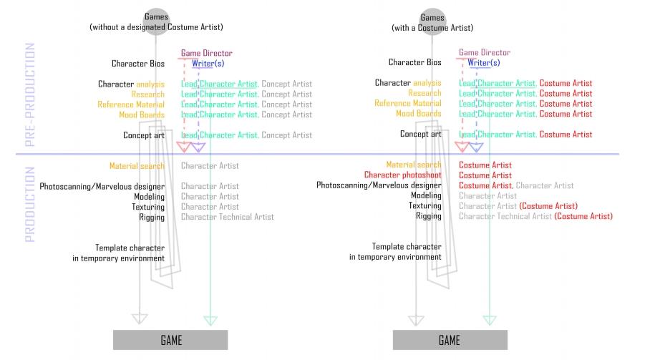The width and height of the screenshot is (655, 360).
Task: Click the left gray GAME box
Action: (x=170, y=340)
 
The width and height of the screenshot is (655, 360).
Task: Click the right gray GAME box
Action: (x=450, y=340)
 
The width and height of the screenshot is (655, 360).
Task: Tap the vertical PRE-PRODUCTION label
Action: (x=30, y=94)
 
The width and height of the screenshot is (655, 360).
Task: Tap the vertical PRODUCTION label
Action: (x=30, y=205)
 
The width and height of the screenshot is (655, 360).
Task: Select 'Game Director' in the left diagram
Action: (x=207, y=53)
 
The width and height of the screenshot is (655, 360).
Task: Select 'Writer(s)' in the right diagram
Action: (x=484, y=63)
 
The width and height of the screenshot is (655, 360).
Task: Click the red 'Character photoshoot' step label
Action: (x=402, y=175)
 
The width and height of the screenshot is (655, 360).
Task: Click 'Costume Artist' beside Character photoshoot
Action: (x=485, y=175)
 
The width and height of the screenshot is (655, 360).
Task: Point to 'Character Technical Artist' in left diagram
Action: (x=227, y=217)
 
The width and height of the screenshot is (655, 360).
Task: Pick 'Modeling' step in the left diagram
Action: (x=149, y=196)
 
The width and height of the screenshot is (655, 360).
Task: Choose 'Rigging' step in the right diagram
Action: (x=428, y=216)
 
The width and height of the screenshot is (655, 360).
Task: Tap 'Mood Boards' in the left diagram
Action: (x=142, y=115)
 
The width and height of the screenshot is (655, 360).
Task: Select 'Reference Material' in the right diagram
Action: (x=408, y=104)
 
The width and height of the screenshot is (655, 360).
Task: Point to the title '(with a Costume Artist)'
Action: (x=432, y=28)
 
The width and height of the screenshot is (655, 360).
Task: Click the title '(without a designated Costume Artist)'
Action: (x=156, y=27)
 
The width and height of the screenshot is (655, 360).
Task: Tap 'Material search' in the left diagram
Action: (x=137, y=166)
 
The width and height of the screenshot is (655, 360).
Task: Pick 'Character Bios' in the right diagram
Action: (x=415, y=63)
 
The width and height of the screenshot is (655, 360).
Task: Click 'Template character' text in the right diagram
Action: (x=407, y=247)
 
